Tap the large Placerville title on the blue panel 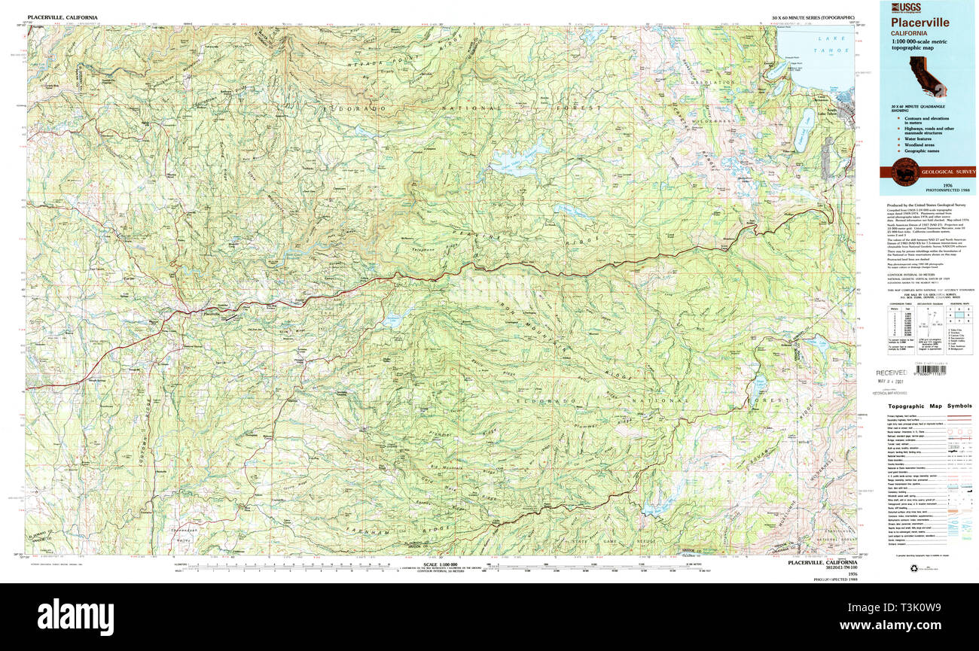921,23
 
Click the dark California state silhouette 927,75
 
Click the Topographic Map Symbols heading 928,406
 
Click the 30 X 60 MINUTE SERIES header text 813,17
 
